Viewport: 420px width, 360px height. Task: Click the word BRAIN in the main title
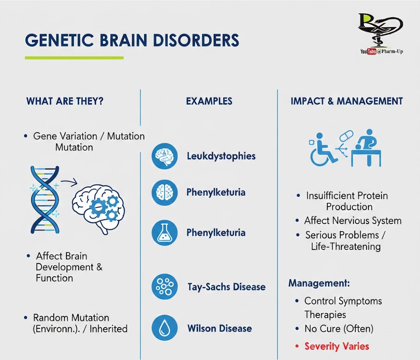pyautogui.click(x=123, y=40)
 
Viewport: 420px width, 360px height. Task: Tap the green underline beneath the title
pyautogui.click(x=74, y=57)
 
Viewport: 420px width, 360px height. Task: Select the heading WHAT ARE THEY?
pyautogui.click(x=65, y=101)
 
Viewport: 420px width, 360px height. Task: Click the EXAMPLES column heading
pyautogui.click(x=209, y=101)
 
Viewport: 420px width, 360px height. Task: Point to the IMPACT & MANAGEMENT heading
pyautogui.click(x=347, y=101)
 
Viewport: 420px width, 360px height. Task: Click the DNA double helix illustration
pyautogui.click(x=45, y=200)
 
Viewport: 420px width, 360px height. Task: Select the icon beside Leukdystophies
pyautogui.click(x=164, y=156)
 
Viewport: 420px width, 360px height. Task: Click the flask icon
pyautogui.click(x=164, y=233)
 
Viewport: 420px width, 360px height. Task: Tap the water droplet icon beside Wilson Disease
pyautogui.click(x=164, y=328)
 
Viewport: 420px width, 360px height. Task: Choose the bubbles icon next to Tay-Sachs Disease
pyautogui.click(x=164, y=287)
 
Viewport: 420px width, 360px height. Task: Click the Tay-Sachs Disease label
pyautogui.click(x=226, y=287)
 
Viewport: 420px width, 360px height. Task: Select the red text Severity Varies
pyautogui.click(x=337, y=346)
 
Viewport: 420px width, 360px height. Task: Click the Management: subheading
pyautogui.click(x=319, y=283)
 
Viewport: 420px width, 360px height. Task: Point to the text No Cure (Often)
pyautogui.click(x=339, y=329)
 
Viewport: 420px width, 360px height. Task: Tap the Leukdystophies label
pyautogui.click(x=221, y=156)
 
